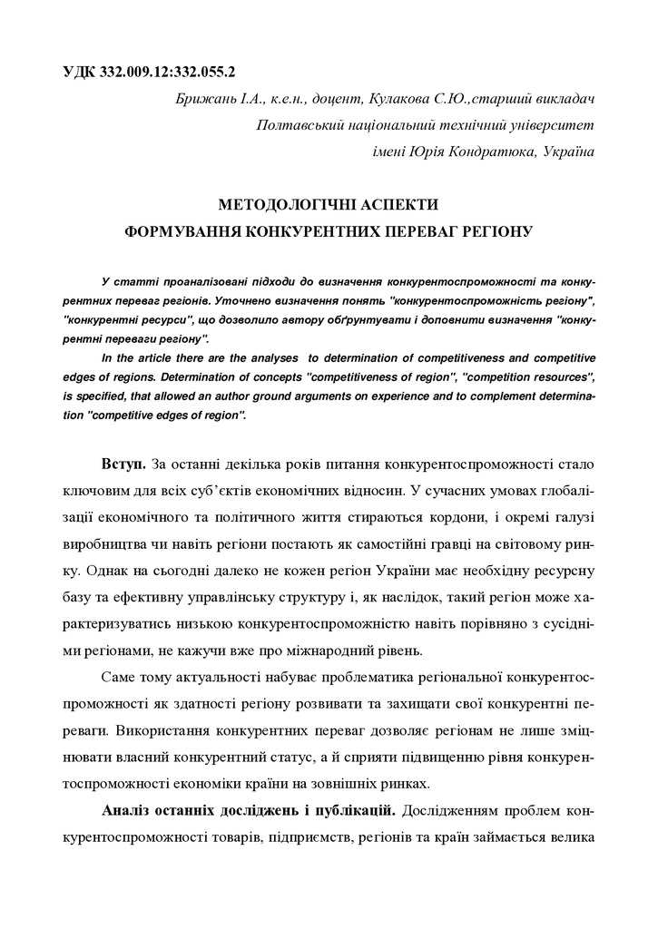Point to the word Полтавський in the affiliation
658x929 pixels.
click(x=302, y=124)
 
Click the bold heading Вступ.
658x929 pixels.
click(x=123, y=464)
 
